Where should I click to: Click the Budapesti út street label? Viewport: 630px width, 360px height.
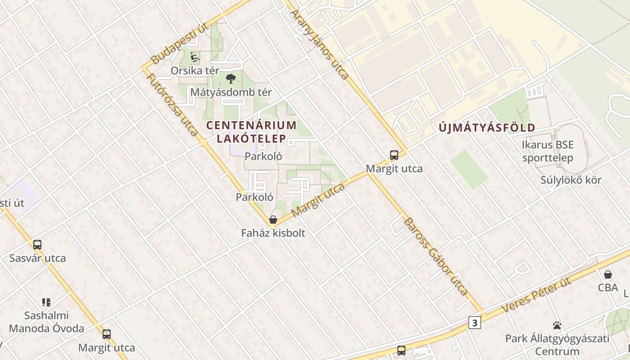[179, 44]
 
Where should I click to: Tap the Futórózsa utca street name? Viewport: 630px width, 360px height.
[172, 104]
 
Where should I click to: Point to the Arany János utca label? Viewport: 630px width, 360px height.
[320, 45]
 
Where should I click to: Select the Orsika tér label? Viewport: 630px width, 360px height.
[195, 71]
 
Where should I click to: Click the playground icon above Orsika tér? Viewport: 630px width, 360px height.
[194, 57]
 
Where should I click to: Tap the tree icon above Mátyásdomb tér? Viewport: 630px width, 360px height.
[231, 79]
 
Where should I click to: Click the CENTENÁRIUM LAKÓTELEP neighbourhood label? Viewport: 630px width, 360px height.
[251, 131]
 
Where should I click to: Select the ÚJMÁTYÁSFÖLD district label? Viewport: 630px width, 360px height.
[487, 128]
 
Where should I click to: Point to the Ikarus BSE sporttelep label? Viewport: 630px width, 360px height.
[548, 151]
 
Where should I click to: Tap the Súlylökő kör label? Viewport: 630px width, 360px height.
[571, 180]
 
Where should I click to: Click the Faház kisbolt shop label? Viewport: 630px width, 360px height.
[273, 233]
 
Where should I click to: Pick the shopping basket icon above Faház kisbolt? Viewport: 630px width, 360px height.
[273, 220]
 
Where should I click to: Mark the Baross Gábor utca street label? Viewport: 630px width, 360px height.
[436, 256]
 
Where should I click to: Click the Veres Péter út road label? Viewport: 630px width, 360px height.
[536, 295]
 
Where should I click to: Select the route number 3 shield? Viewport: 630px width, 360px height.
[474, 322]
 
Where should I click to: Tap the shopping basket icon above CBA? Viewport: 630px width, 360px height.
[608, 274]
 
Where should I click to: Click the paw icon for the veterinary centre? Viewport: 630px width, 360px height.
[557, 325]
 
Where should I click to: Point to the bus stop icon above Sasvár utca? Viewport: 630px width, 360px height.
[37, 245]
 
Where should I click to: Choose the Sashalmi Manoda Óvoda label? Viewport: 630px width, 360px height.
[46, 322]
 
